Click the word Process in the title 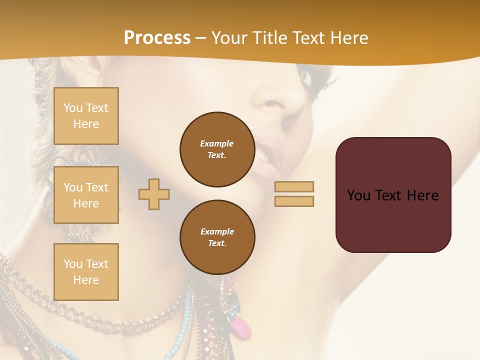(157, 38)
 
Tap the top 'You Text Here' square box (86, 116)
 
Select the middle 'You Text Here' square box (86, 195)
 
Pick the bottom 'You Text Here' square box (86, 271)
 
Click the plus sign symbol (154, 194)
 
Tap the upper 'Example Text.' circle (217, 149)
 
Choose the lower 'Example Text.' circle (217, 237)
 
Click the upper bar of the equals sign (294, 186)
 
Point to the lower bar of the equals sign (294, 201)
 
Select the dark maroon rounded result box (393, 195)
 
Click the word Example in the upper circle (217, 143)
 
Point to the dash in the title (201, 38)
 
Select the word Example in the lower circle (217, 231)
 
